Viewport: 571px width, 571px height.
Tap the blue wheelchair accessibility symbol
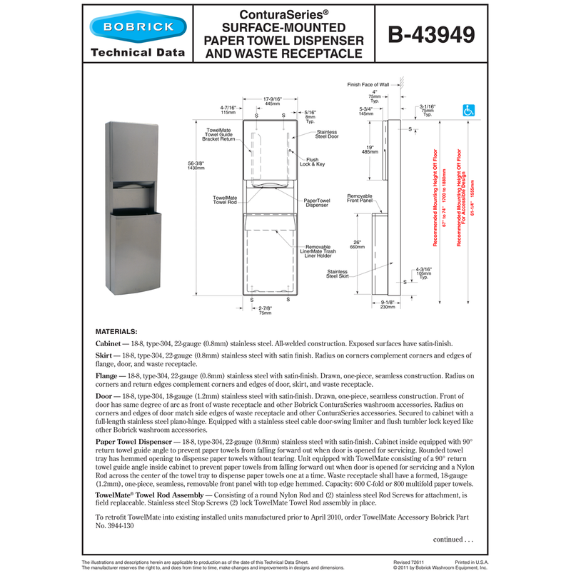click(470, 111)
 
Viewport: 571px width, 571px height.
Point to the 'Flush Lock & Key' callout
click(315, 161)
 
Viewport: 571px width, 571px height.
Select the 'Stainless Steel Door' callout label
click(327, 133)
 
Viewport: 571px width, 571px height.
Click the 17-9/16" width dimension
click(271, 101)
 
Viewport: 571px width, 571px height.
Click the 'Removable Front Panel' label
click(359, 198)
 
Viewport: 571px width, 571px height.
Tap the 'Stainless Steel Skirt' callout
click(337, 274)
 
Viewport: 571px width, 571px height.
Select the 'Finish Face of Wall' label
click(368, 84)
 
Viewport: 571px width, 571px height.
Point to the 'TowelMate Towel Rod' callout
click(226, 200)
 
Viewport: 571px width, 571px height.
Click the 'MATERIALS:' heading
click(118, 332)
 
